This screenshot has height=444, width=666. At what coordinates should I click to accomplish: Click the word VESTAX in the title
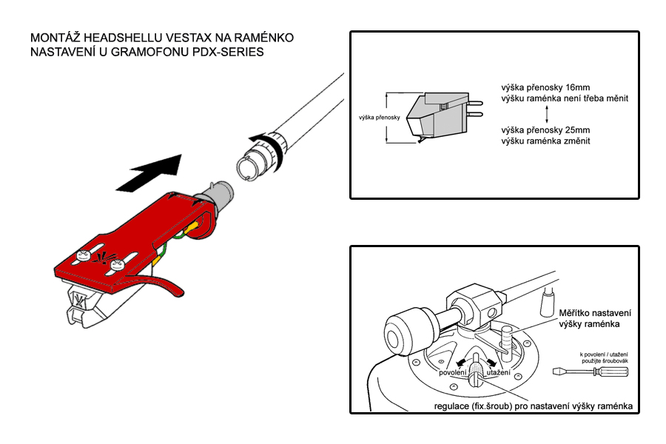[x=188, y=38]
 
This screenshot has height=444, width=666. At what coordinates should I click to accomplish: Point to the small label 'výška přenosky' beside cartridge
[x=380, y=117]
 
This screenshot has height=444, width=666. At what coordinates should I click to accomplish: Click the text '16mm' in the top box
[x=578, y=87]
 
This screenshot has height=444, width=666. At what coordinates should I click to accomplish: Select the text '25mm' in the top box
[x=578, y=130]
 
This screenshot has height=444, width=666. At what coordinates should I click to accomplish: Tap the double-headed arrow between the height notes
[x=547, y=114]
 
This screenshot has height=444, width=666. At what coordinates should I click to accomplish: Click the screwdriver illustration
[x=591, y=371]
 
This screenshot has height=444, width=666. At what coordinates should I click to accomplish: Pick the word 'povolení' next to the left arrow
[x=453, y=373]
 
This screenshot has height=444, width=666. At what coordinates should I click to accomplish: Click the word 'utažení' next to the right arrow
[x=499, y=373]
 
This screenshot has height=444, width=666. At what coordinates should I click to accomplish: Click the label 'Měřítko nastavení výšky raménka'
[x=595, y=319]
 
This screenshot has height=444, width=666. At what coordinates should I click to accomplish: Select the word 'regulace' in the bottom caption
[x=451, y=406]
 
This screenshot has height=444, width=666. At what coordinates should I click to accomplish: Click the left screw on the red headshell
[x=82, y=255]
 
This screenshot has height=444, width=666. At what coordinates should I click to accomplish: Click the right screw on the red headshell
[x=117, y=266]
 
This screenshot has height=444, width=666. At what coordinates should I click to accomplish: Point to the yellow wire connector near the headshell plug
[x=192, y=227]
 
